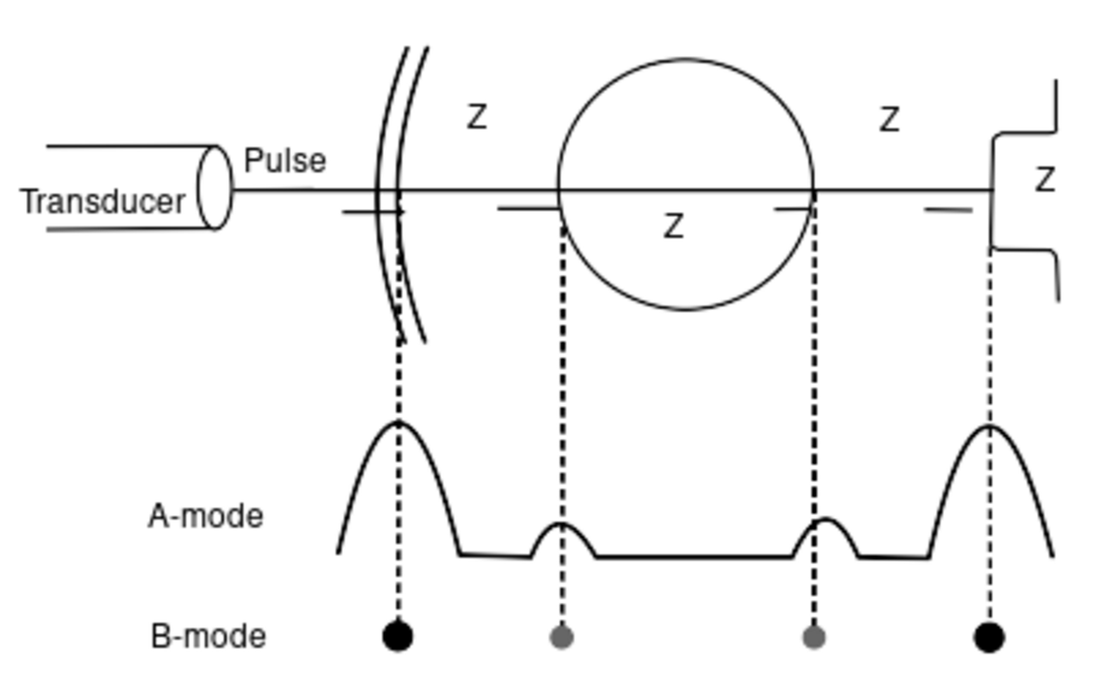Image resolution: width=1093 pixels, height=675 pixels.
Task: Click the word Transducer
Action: point(102,202)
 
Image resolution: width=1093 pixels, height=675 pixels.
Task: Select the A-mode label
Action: point(205,517)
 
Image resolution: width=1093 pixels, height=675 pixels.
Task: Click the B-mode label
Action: point(208,637)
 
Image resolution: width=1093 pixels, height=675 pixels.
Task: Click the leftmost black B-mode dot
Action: point(397,636)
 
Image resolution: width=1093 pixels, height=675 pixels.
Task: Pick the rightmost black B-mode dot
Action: point(989,637)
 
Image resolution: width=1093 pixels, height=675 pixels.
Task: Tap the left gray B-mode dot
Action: point(561,637)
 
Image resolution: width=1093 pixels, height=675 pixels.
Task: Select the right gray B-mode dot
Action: point(814,637)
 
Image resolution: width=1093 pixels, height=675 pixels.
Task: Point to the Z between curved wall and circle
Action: point(476,117)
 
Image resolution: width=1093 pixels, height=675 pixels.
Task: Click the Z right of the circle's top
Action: point(889,120)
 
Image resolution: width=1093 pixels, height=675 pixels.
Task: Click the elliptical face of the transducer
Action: point(215,187)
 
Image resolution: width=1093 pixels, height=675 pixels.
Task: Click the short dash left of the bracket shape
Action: point(948,210)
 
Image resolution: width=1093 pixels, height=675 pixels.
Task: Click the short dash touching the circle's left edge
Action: point(529,208)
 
